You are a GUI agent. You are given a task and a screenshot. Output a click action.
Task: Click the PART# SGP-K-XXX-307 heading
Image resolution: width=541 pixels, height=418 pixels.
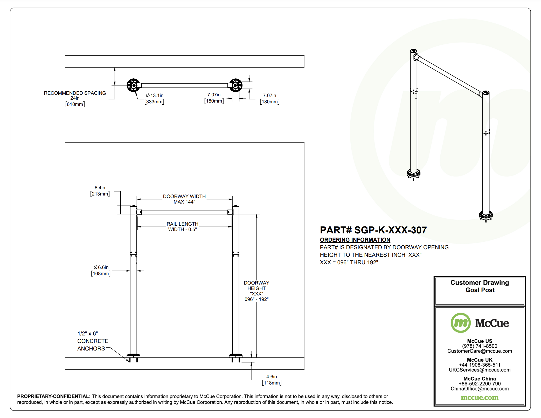coord(373,230)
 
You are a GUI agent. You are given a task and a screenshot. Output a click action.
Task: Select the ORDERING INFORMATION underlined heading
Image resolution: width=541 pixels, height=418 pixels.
coord(355,240)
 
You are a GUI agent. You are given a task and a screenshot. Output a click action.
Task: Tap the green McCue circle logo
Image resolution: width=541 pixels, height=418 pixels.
coord(460,323)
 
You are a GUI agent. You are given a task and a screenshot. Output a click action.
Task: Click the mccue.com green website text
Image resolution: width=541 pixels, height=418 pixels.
coord(479,397)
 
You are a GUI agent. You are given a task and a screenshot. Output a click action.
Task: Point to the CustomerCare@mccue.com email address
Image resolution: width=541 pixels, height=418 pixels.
coord(479,351)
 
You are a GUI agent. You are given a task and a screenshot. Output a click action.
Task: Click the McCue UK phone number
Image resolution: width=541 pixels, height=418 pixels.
coord(479,365)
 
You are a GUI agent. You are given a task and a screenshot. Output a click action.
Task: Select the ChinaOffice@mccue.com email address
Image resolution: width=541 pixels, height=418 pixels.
coord(479,389)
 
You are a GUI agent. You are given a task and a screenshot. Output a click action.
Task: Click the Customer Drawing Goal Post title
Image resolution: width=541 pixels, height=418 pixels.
coord(479,286)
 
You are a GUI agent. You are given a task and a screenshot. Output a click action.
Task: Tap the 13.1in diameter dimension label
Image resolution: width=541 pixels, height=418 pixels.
coord(155,98)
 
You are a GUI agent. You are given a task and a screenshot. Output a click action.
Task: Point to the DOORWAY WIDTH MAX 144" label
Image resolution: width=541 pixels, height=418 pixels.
coord(184,199)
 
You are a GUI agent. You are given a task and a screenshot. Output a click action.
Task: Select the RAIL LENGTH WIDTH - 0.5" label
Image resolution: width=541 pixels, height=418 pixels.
coord(182,227)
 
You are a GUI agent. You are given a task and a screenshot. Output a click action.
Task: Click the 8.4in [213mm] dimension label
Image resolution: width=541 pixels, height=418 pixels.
coord(100,191)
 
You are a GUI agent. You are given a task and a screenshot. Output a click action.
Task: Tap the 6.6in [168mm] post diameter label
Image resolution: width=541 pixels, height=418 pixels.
coord(101,271)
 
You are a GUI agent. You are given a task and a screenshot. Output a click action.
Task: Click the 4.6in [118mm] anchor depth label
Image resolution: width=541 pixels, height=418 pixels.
coord(271,380)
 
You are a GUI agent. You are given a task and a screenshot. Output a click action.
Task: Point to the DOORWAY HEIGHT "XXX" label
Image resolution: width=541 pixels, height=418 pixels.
coord(256,291)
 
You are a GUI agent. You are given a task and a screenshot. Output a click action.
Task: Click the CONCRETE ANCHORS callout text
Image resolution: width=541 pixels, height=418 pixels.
coord(93,341)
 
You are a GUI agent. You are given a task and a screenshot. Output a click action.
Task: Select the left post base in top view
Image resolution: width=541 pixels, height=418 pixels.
coord(134,85)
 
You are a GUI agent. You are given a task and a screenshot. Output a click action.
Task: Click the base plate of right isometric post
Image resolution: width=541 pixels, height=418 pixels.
coord(485,215)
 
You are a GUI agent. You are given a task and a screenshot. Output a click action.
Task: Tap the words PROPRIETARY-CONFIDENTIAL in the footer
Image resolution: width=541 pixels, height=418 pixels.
coord(54,396)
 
